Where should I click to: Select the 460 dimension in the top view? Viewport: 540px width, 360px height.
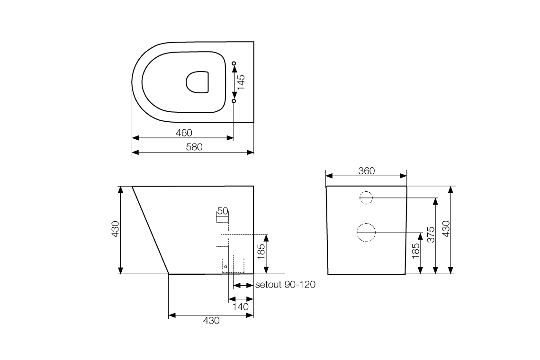(184, 133)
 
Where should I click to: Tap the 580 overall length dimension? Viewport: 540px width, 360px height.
(194, 147)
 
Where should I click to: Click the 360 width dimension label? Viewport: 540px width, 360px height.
(366, 171)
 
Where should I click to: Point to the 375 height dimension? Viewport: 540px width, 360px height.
(431, 235)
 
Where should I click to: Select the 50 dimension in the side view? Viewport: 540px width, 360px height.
(223, 210)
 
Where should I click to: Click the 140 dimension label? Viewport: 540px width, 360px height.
(241, 306)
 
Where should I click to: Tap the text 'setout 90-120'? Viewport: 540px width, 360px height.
(285, 285)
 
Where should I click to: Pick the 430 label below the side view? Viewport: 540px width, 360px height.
(211, 321)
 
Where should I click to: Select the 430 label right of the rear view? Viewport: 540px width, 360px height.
(446, 230)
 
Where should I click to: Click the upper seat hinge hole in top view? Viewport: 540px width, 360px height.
(234, 63)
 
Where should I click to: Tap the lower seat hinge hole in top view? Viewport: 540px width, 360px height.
(234, 101)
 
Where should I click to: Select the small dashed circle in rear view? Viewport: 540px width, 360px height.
(365, 198)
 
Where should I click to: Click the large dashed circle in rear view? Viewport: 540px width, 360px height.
(365, 233)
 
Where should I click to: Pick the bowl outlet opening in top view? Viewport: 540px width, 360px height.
(198, 82)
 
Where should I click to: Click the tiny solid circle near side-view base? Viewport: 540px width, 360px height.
(225, 267)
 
